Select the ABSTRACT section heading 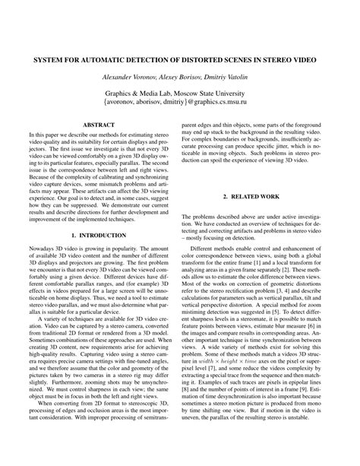coord(97,122)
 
